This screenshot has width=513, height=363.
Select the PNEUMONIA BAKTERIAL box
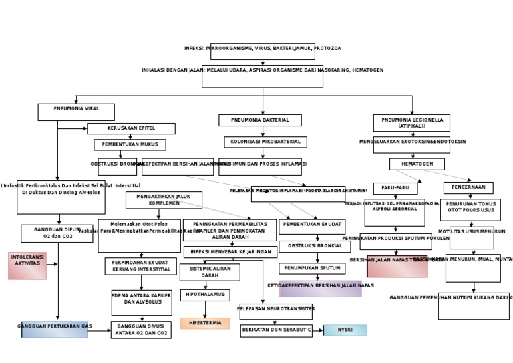[260, 120]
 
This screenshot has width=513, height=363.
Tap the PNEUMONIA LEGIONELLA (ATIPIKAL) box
[411, 122]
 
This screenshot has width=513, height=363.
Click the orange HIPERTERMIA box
[205, 323]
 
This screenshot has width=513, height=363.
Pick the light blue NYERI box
[345, 330]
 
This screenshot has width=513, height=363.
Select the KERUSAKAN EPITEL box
[131, 128]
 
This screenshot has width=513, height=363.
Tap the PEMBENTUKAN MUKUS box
[130, 144]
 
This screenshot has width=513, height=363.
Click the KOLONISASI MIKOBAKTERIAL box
[265, 142]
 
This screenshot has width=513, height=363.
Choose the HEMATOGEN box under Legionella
[417, 164]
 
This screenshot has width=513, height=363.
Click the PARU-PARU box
[395, 188]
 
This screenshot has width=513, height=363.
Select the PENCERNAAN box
[468, 188]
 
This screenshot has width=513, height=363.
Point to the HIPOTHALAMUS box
[205, 295]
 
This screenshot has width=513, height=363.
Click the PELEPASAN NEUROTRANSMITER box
[277, 311]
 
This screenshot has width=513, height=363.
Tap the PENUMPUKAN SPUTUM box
[312, 268]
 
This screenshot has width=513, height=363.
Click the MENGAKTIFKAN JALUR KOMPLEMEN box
[164, 200]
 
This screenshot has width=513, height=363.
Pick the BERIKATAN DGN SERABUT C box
[276, 330]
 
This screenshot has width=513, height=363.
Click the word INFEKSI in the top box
[195, 49]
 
